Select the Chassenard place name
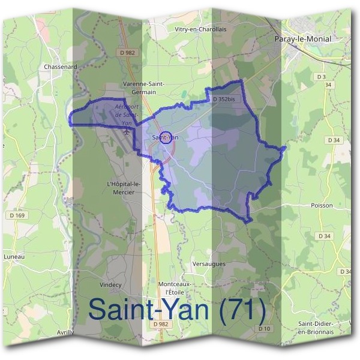[61, 67]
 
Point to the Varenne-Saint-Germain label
[143, 88]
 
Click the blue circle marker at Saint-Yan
[167, 137]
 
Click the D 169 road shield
[17, 214]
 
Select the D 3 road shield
[320, 77]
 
